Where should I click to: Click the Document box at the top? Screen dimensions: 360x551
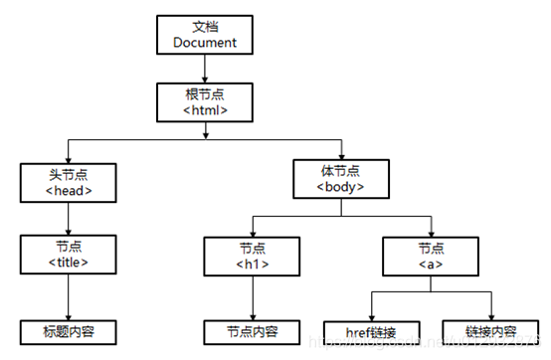click(x=204, y=35)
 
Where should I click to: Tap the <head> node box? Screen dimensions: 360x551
click(x=68, y=182)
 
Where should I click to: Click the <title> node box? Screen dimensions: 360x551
click(x=68, y=256)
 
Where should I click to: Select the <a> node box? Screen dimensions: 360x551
click(x=430, y=256)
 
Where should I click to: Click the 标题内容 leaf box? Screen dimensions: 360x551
click(x=68, y=331)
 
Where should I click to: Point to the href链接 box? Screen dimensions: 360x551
click(x=371, y=331)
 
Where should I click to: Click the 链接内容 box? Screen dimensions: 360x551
click(x=491, y=331)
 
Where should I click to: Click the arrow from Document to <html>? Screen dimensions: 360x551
click(x=204, y=70)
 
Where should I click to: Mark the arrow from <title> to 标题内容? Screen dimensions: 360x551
click(x=68, y=296)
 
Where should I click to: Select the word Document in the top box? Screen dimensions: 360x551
click(x=204, y=43)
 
